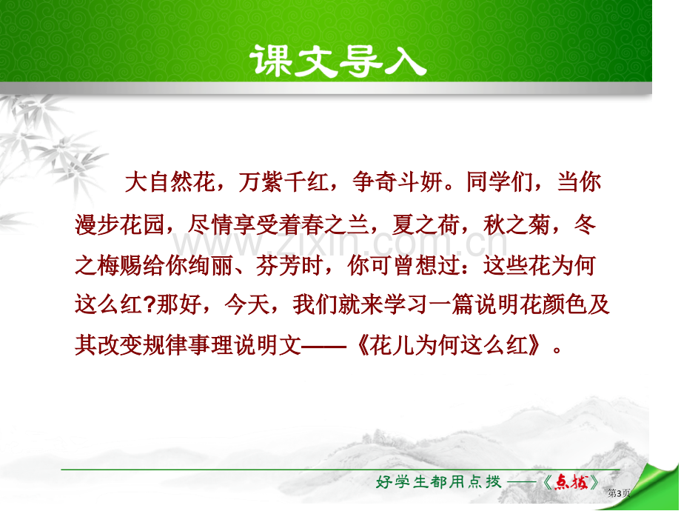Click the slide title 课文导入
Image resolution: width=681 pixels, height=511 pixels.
[338, 61]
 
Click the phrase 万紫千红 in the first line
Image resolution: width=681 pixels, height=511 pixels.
[284, 181]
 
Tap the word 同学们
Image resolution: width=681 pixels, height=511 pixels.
[499, 181]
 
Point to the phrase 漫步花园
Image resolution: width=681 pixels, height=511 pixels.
[119, 224]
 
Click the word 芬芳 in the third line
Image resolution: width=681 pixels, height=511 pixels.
[278, 265]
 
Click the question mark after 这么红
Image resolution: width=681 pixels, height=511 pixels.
[149, 304]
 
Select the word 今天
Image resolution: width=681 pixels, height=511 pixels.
[246, 304]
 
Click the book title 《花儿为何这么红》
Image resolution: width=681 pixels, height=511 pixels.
[449, 346]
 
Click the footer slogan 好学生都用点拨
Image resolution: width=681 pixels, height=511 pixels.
[438, 481]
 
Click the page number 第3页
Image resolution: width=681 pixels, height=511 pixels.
[619, 493]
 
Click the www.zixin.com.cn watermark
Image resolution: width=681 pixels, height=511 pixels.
[340, 244]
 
